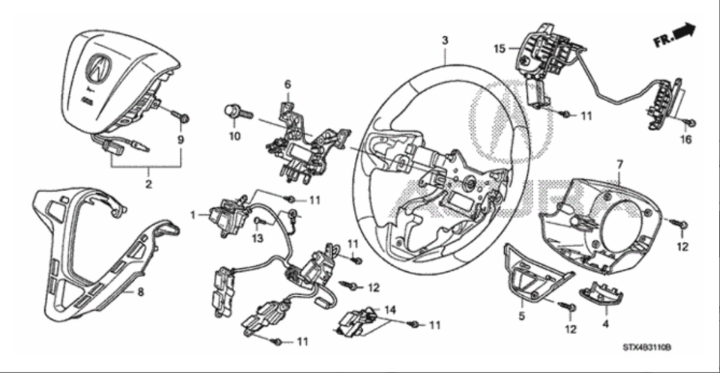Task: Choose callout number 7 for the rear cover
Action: (x=619, y=163)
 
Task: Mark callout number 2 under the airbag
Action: (x=148, y=183)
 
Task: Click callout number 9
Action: (x=180, y=139)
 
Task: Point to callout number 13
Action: (x=257, y=238)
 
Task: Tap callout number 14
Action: (x=389, y=309)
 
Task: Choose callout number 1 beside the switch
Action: (x=193, y=215)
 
